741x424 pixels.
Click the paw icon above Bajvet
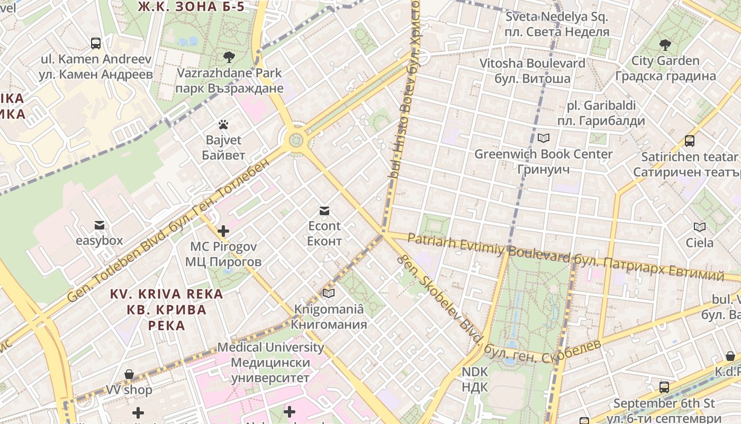coord(223,125)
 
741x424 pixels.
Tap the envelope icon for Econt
coord(324,211)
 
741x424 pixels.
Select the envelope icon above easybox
coord(99,226)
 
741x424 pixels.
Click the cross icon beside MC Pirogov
coord(223,231)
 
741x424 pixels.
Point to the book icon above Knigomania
coord(329,293)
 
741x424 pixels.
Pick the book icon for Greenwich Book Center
coord(543,138)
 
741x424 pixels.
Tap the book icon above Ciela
coord(700,227)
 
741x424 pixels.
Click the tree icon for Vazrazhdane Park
coord(229,57)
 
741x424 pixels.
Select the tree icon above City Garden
coord(665,45)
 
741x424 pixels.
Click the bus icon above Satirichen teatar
coord(689,141)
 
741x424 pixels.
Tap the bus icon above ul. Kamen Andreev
coord(96,43)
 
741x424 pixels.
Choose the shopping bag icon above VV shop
coord(129,375)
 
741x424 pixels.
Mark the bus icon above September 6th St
coord(664,387)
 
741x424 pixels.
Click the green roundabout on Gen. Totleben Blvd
coord(296,140)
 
